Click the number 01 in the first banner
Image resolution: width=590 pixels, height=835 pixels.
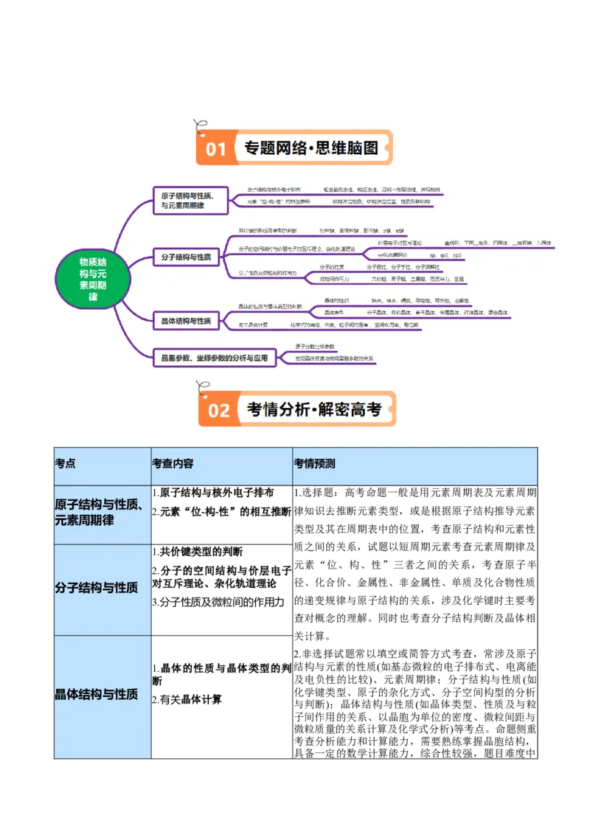(215, 149)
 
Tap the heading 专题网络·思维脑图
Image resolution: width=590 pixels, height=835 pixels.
(310, 148)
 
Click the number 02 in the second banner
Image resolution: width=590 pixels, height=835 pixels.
(218, 410)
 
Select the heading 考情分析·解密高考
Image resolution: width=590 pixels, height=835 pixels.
(313, 409)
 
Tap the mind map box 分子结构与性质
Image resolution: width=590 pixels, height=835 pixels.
(186, 257)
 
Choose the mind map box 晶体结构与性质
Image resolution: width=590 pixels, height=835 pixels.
(186, 320)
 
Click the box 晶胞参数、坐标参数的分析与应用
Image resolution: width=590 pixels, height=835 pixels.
(214, 358)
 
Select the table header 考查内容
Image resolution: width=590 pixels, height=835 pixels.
(173, 464)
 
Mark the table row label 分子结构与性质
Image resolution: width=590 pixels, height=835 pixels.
(96, 588)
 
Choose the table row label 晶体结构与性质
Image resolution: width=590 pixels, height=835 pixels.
(96, 694)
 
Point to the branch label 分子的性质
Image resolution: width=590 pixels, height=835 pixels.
(332, 266)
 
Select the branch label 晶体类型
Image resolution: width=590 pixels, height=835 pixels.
(335, 313)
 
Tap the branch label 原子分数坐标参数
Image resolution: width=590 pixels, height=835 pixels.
(315, 346)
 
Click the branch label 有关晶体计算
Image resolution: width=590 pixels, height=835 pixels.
(254, 325)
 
